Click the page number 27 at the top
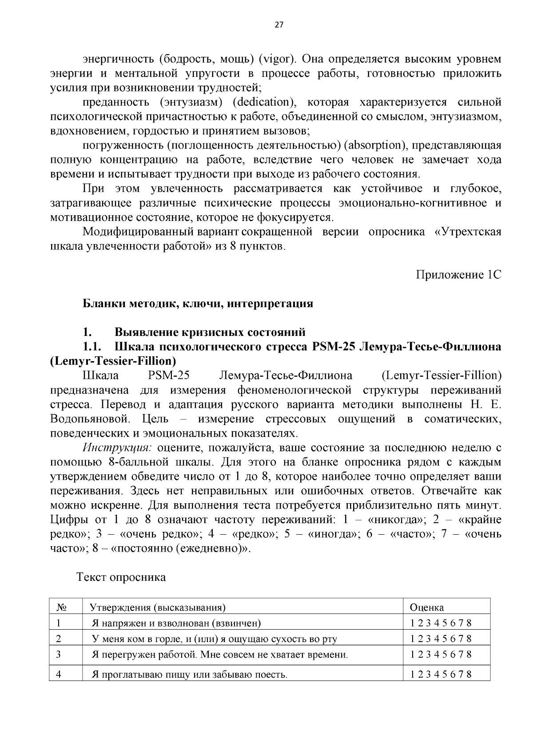(x=278, y=25)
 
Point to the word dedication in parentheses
(x=263, y=103)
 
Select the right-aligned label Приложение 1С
(x=458, y=275)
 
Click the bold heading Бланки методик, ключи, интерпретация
(x=198, y=304)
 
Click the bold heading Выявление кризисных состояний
(x=210, y=332)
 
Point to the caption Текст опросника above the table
(x=121, y=577)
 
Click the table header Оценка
(x=426, y=607)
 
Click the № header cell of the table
(x=62, y=607)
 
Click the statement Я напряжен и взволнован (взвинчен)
(x=176, y=623)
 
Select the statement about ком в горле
(x=214, y=639)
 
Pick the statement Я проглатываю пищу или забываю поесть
(x=189, y=675)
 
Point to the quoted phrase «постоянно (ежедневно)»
(x=180, y=549)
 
